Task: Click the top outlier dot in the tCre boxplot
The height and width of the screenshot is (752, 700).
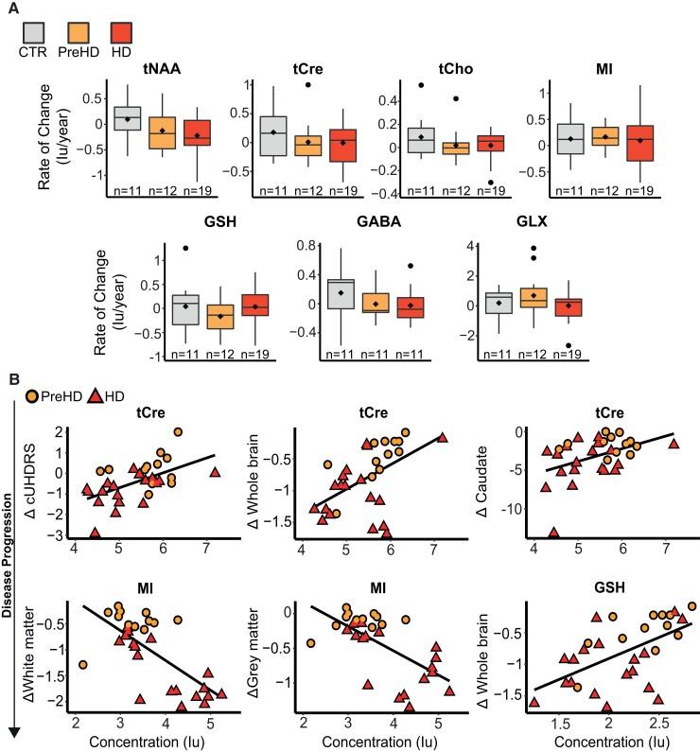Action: (x=309, y=85)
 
